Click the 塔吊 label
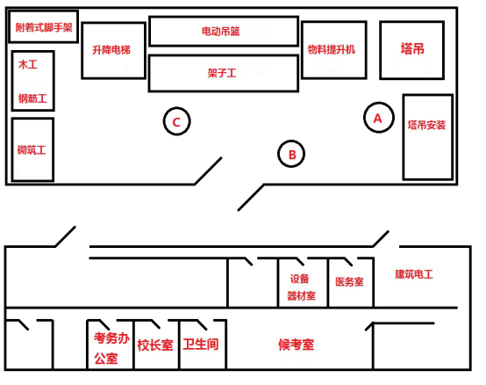[x=412, y=49]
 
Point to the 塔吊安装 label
[x=426, y=125]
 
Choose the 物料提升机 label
[x=331, y=49]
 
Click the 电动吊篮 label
[x=221, y=31]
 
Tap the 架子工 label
[x=222, y=73]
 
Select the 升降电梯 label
[x=111, y=50]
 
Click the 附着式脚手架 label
[x=44, y=27]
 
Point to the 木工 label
[x=28, y=64]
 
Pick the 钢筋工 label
[x=32, y=98]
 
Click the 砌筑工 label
[x=32, y=150]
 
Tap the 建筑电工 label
[x=414, y=274]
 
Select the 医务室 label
[x=349, y=281]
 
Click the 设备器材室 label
[x=301, y=287]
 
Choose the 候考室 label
[x=296, y=345]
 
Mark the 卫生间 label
[x=201, y=344]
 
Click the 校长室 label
[x=155, y=345]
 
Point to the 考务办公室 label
[x=111, y=348]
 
